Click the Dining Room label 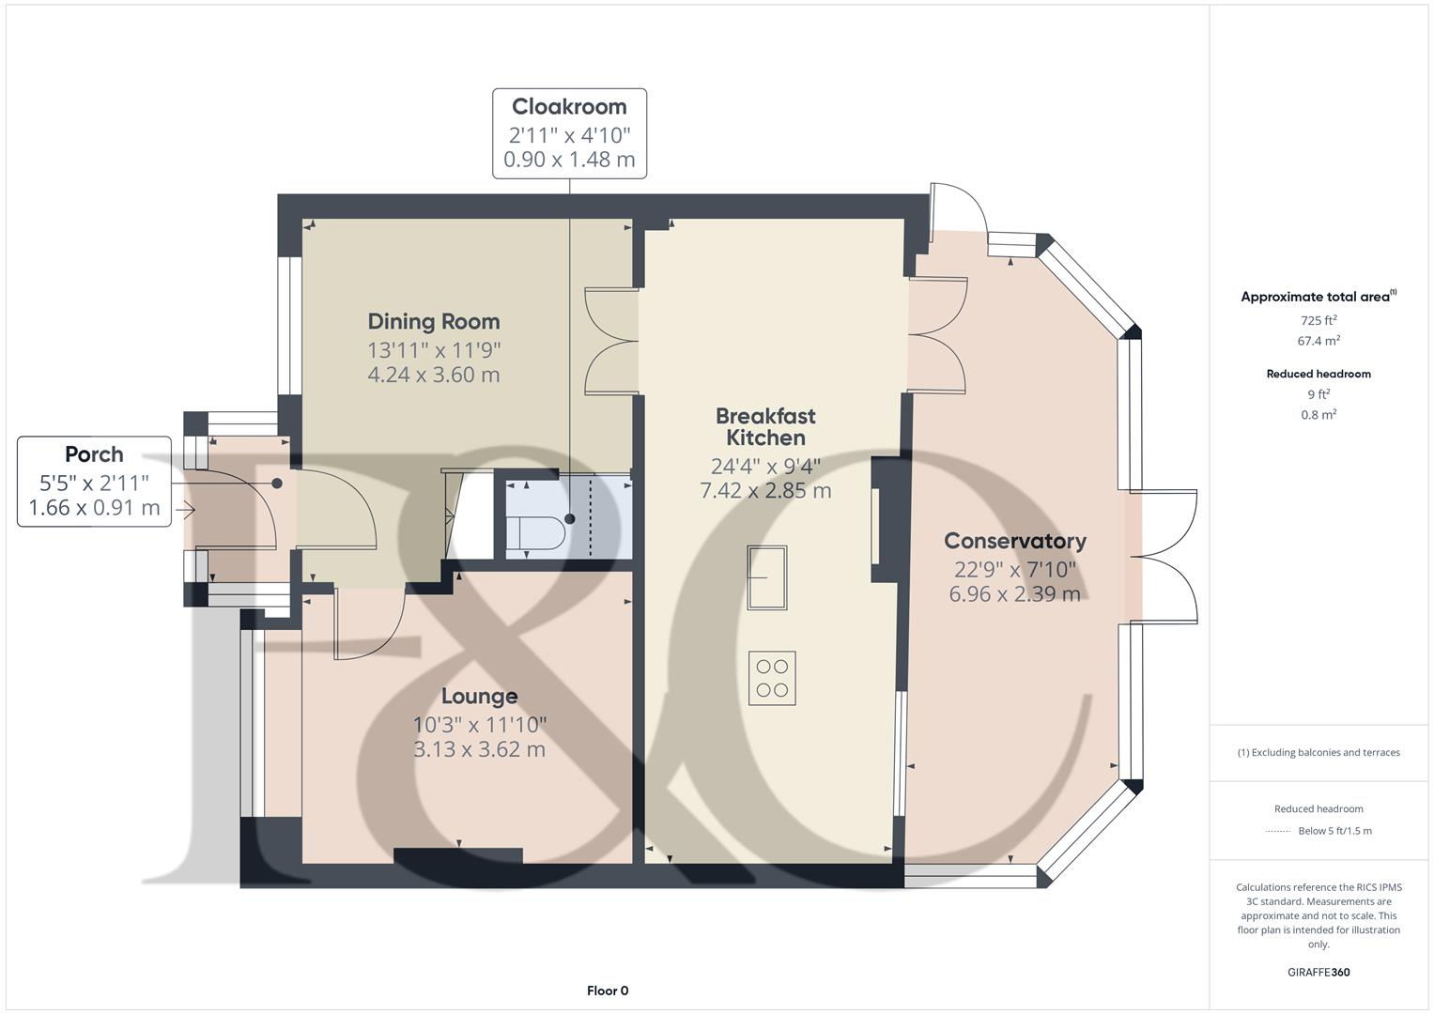[433, 321]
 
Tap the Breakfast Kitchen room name [765, 426]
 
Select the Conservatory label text [1014, 541]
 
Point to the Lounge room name [479, 696]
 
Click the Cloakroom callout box [569, 133]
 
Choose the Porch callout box [94, 481]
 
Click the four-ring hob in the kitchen [772, 678]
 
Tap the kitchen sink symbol [766, 577]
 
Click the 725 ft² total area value [1318, 320]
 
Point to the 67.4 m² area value [1318, 341]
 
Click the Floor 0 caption [607, 991]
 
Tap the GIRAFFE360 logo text [1318, 972]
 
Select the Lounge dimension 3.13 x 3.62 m [479, 749]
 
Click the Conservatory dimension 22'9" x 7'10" [1014, 569]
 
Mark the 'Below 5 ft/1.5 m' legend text [1334, 831]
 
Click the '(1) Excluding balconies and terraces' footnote [1318, 752]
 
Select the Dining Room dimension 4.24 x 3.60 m [433, 375]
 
